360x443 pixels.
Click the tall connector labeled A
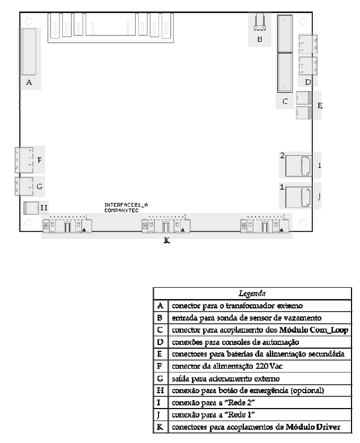click(29, 52)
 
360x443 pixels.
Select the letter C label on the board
click(285, 101)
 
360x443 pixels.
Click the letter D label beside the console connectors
click(308, 82)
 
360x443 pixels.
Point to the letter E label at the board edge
click(320, 105)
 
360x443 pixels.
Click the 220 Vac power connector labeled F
click(24, 160)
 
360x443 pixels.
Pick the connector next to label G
click(24, 186)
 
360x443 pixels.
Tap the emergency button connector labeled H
click(31, 208)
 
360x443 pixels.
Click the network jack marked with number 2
click(298, 166)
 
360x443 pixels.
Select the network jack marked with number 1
click(298, 197)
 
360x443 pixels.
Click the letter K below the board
click(166, 241)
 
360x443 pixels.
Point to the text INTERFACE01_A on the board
click(126, 205)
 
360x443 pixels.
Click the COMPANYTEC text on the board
click(121, 210)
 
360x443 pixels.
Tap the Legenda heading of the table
click(252, 294)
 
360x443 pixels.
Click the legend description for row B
click(247, 318)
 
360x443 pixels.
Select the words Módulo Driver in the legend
click(313, 427)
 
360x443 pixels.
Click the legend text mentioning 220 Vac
click(227, 366)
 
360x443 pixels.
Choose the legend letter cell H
click(160, 391)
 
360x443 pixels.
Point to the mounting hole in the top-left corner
click(29, 21)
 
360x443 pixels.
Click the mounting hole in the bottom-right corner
click(303, 223)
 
